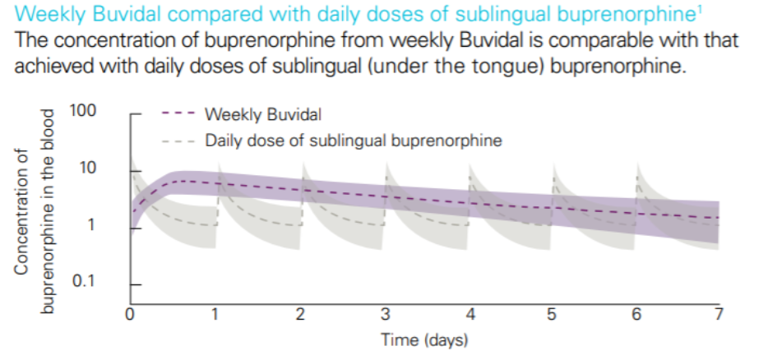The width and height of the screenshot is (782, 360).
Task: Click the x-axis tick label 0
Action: tap(131, 314)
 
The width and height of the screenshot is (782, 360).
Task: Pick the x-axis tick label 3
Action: tap(384, 314)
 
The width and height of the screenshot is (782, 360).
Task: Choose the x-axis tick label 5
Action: tap(553, 314)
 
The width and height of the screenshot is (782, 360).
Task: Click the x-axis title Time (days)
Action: tap(424, 339)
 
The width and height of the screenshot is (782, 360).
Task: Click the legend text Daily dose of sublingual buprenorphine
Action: tap(353, 141)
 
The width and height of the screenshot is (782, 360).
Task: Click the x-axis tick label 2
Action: tap(300, 314)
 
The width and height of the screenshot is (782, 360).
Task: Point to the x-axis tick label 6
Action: tap(637, 314)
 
